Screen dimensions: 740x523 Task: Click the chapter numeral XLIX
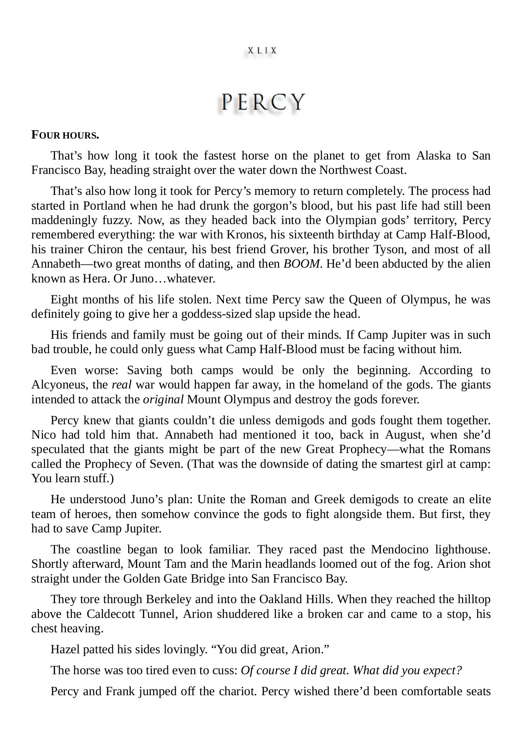262,51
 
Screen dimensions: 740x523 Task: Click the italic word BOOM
301,264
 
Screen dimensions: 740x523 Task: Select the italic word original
163,399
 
